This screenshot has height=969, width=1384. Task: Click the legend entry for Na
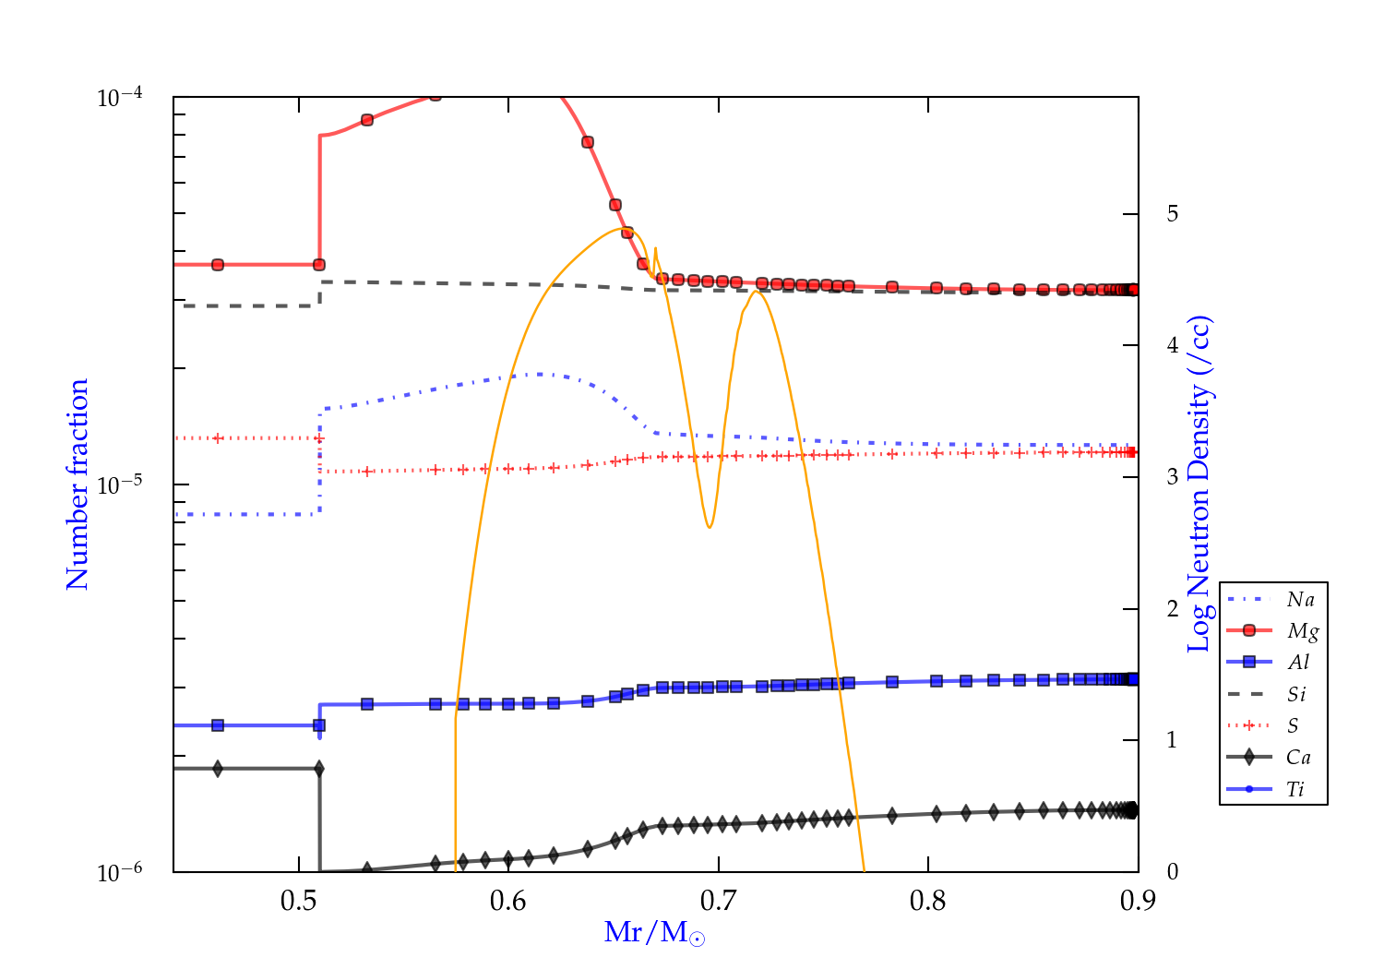1300,600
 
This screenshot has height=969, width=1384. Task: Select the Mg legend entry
1302,631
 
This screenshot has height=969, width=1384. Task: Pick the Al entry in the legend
1298,663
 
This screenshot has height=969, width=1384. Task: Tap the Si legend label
1296,694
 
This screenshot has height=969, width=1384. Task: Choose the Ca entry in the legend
1298,758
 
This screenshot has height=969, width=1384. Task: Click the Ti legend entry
1295,789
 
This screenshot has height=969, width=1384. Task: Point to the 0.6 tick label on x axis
508,901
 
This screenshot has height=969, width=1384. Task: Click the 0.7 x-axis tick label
718,901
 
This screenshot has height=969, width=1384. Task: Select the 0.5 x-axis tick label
299,901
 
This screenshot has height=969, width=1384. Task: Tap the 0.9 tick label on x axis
1138,901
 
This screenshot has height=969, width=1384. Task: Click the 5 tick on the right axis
1173,214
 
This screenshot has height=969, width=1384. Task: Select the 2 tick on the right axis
1173,609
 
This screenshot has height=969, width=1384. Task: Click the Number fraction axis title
78,484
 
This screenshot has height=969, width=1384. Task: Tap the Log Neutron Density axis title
1199,484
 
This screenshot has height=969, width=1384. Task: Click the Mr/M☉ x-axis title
654,933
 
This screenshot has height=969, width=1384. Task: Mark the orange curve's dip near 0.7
709,526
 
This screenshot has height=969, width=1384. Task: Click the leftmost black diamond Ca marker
218,769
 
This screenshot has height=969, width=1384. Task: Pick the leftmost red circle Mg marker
218,265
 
